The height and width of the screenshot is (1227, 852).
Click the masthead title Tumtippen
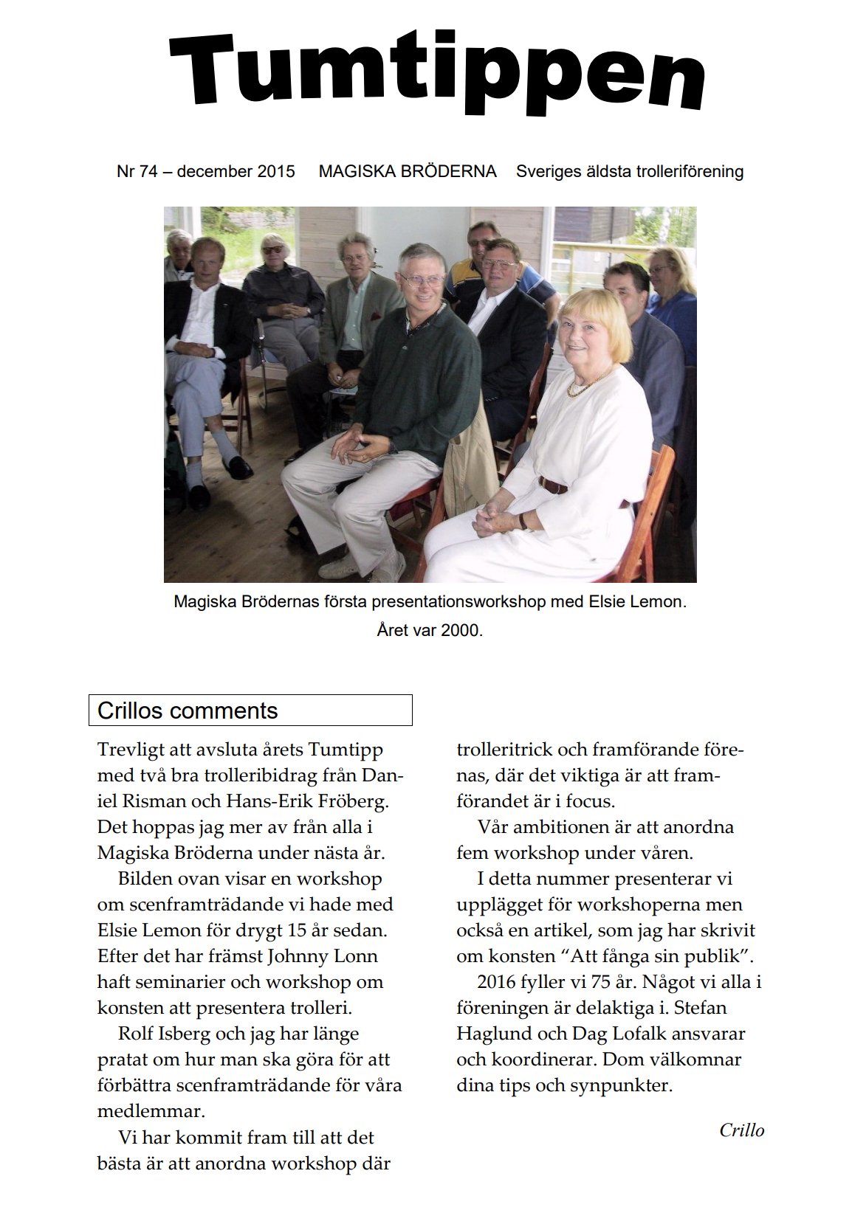pyautogui.click(x=437, y=74)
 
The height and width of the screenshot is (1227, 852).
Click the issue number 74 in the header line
pyautogui.click(x=148, y=171)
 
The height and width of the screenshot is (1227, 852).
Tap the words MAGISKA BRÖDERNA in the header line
pyautogui.click(x=408, y=171)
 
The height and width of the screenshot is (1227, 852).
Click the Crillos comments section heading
pyautogui.click(x=188, y=711)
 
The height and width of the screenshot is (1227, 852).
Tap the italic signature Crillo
pyautogui.click(x=741, y=1130)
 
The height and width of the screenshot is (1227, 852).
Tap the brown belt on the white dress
pyautogui.click(x=554, y=485)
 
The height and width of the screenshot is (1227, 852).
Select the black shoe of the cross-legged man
pyautogui.click(x=238, y=466)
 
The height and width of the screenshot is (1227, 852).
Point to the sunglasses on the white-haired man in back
pyautogui.click(x=272, y=250)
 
